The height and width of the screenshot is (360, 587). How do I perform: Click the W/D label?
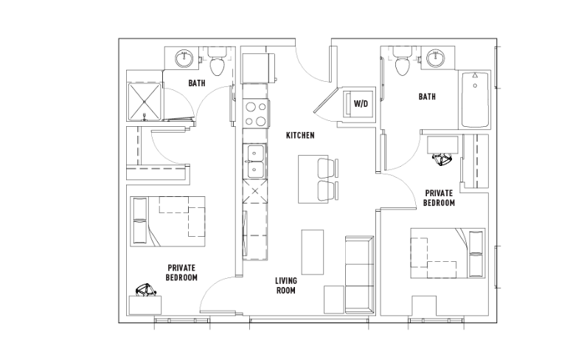tap(361, 104)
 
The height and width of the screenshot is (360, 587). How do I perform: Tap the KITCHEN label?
tap(300, 135)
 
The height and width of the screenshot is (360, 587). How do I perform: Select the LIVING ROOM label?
tap(286, 285)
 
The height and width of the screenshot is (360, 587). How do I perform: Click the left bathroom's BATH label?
tap(197, 83)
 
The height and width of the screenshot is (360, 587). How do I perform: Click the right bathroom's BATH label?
tap(427, 97)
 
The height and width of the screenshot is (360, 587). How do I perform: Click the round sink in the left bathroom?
tap(184, 58)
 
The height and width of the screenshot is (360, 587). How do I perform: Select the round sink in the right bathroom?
tap(436, 58)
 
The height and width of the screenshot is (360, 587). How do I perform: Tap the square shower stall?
tap(145, 102)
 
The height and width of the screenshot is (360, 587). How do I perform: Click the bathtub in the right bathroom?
tap(475, 100)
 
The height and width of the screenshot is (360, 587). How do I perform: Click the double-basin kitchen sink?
tap(255, 161)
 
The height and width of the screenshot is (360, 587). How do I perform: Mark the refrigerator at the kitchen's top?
tap(257, 68)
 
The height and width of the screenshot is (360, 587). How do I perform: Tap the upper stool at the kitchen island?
tap(327, 168)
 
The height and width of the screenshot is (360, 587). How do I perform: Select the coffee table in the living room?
tap(313, 252)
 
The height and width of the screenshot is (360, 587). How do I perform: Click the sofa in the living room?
tap(359, 274)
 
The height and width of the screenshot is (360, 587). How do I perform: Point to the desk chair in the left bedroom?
tap(145, 290)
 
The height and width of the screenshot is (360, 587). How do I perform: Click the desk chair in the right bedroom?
tap(442, 159)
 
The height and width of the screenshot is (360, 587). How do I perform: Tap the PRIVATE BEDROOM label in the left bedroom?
tap(181, 273)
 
